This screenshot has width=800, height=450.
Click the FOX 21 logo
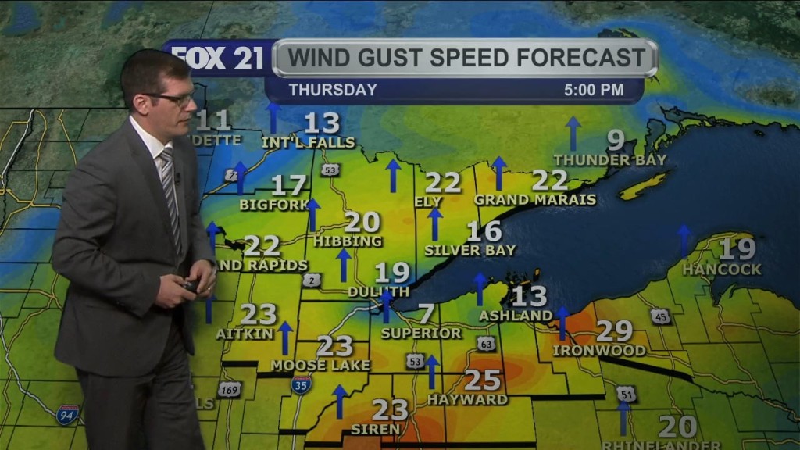pos(218,58)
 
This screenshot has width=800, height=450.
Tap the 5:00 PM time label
pos(594,90)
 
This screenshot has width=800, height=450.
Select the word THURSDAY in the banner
pos(333,90)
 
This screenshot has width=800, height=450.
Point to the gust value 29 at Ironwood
pos(614,330)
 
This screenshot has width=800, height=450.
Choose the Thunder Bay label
pos(610,160)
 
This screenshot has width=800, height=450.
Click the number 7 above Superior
pos(426,314)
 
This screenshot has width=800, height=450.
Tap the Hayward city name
pos(467,400)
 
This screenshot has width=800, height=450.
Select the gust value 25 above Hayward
pos(482,380)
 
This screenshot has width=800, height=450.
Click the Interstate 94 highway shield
pos(68,414)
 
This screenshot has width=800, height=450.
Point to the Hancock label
pos(722,270)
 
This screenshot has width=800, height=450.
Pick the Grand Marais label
pos(534,200)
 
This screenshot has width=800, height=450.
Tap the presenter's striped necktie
pos(171,195)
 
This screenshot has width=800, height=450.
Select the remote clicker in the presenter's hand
pos(190,286)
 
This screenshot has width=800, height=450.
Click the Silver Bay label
pos(470,251)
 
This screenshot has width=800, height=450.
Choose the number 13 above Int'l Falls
pos(322,123)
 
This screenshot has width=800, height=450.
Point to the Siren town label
pos(377,429)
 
